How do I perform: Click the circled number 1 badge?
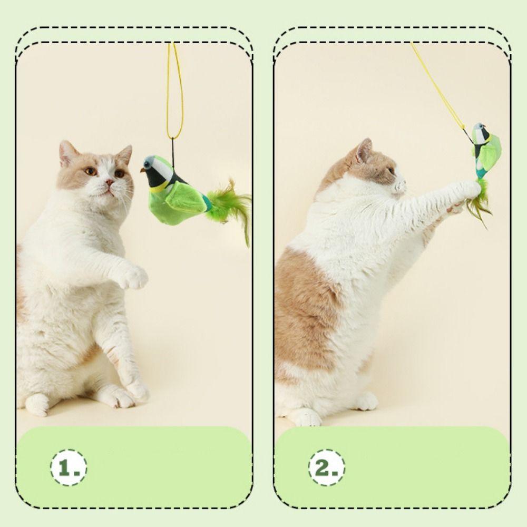point(69,467)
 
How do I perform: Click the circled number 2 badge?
point(326,467)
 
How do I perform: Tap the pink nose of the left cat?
point(110,182)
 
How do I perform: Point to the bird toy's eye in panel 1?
point(148,164)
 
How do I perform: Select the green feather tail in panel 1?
point(230,207)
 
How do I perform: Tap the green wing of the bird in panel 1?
point(188,198)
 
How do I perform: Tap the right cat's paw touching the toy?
point(470,190)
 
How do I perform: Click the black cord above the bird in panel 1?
point(173,152)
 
